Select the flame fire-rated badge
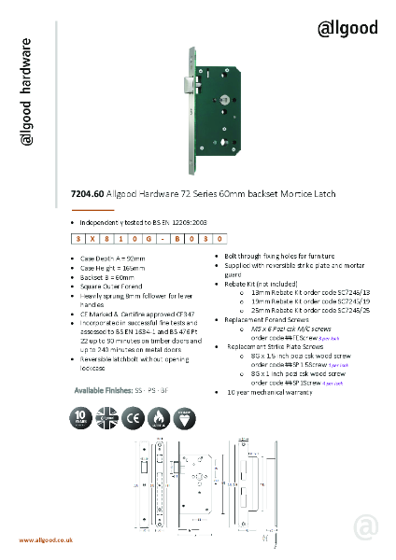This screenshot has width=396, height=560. click(160, 416)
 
